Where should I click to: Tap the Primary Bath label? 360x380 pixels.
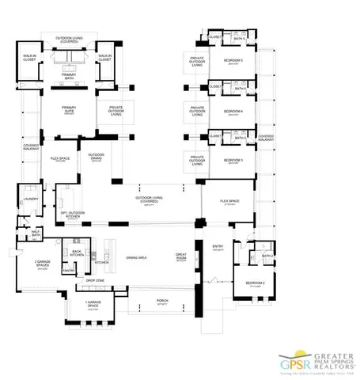coord(69,77)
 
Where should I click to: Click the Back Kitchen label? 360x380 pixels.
coord(77,253)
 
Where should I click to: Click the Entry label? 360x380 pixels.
coord(218,247)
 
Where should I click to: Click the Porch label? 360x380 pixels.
coord(163,301)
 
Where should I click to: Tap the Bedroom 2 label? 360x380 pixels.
coord(254,283)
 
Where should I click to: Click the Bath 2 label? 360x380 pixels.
coord(267,256)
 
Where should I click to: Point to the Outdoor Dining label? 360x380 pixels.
coord(97,156)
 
